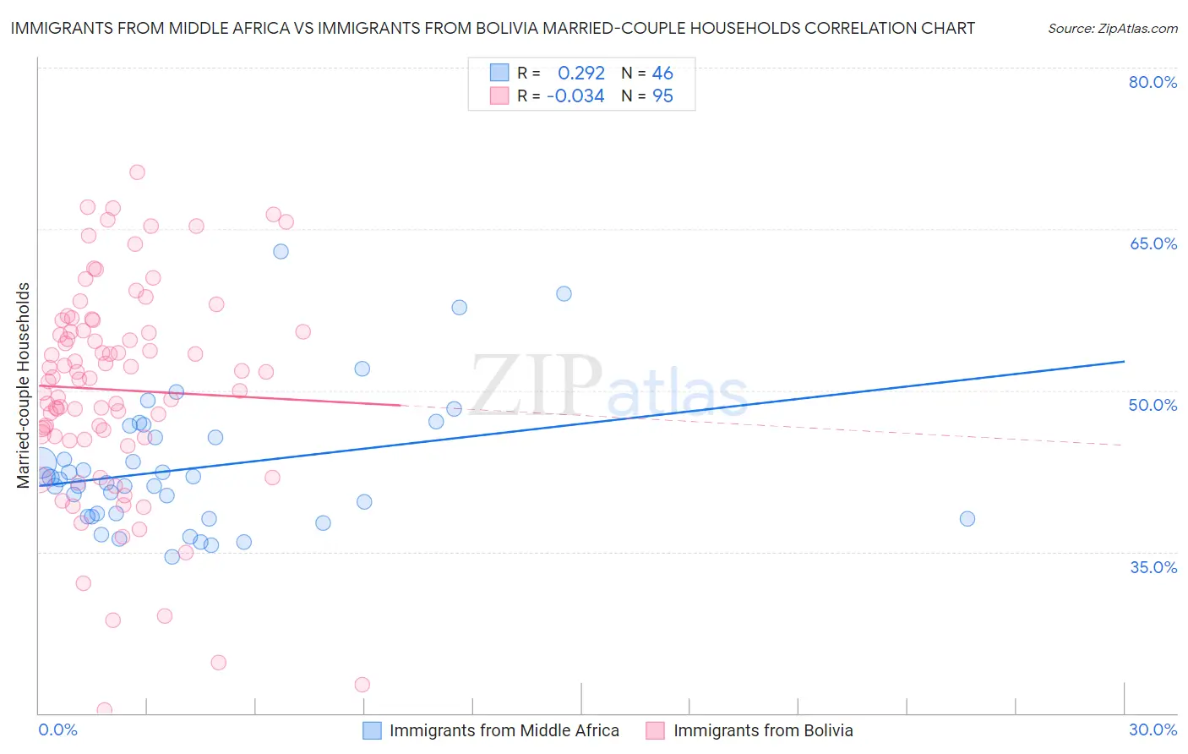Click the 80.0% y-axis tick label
pyautogui.click(x=1153, y=82)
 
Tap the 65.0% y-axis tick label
pyautogui.click(x=1153, y=243)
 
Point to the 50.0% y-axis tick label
pyautogui.click(x=1153, y=405)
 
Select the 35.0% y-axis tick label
pyautogui.click(x=1153, y=566)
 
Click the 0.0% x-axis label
pyautogui.click(x=57, y=729)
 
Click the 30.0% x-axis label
pyautogui.click(x=1153, y=729)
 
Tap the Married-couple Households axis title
pyautogui.click(x=24, y=385)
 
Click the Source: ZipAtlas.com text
pyautogui.click(x=1112, y=29)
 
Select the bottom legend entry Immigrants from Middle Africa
pyautogui.click(x=504, y=730)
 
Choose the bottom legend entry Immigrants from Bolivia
pyautogui.click(x=762, y=730)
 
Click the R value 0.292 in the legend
pyautogui.click(x=581, y=74)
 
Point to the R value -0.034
pyautogui.click(x=575, y=96)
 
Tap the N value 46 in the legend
pyautogui.click(x=662, y=74)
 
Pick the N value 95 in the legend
pyautogui.click(x=662, y=96)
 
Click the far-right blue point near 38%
pyautogui.click(x=967, y=519)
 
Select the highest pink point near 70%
pyautogui.click(x=137, y=172)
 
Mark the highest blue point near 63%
pyautogui.click(x=281, y=251)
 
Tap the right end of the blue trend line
pyautogui.click(x=1124, y=362)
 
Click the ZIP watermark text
pyautogui.click(x=536, y=385)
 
